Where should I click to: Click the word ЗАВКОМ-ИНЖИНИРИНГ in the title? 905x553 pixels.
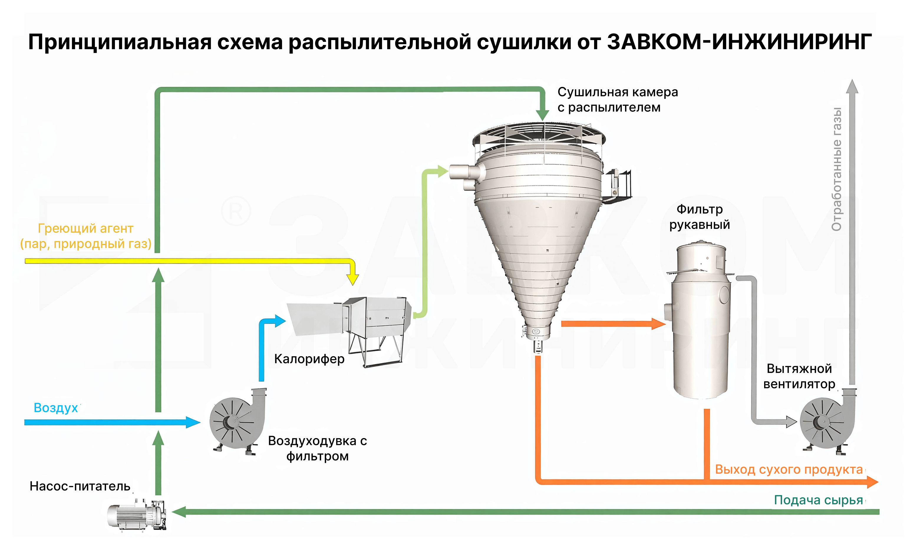point(739,42)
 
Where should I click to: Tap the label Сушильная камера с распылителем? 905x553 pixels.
point(617,100)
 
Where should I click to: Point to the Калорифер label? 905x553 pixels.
point(309,359)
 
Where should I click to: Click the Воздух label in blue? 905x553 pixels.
point(56,407)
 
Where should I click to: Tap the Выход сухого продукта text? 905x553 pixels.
point(789,469)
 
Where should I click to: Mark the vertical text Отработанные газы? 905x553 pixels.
point(836,169)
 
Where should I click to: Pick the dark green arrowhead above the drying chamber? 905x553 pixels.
point(543,115)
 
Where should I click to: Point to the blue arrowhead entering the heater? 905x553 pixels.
point(280,321)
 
